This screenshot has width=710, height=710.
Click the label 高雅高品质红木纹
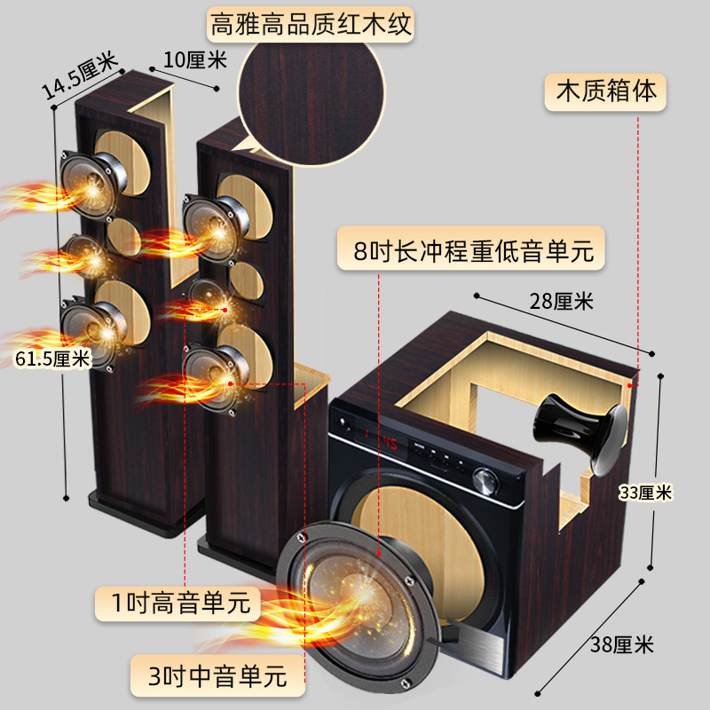pyautogui.click(x=311, y=24)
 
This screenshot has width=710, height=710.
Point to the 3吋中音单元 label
pyautogui.click(x=214, y=677)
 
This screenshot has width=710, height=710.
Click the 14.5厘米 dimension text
pyautogui.click(x=79, y=75)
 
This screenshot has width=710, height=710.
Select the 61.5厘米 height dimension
pyautogui.click(x=53, y=359)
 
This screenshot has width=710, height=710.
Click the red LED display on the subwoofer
pyautogui.click(x=382, y=439)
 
